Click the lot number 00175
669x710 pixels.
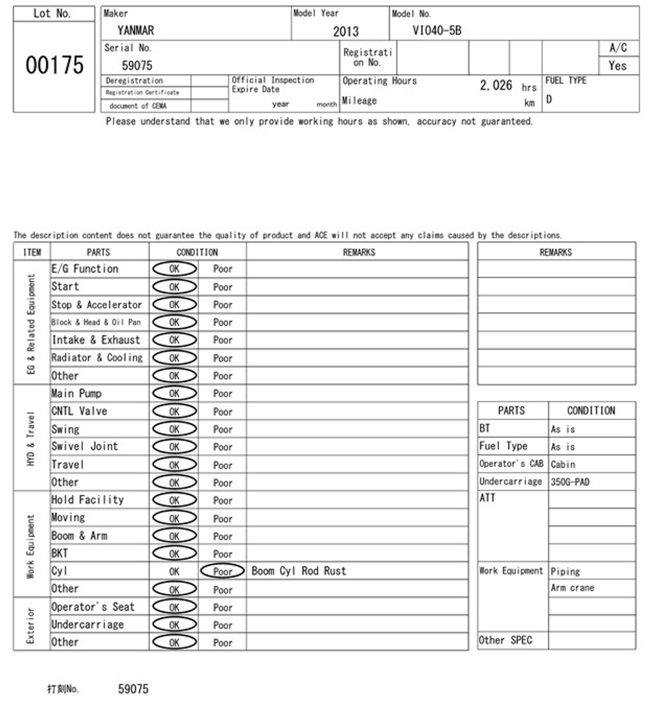(x=54, y=65)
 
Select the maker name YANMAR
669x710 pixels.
(x=136, y=30)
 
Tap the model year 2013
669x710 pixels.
(x=346, y=31)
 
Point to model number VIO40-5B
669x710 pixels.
(x=437, y=30)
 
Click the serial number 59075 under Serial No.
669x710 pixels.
(x=137, y=65)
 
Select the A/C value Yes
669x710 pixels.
(x=617, y=66)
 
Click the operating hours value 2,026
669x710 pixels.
(x=496, y=85)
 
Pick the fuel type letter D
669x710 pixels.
(x=549, y=99)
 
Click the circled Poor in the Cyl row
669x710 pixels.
(x=223, y=571)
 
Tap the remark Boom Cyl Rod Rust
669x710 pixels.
(x=298, y=571)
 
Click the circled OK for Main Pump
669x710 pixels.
(x=174, y=393)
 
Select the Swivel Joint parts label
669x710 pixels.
(x=85, y=446)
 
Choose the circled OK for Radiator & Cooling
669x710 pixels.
(x=174, y=358)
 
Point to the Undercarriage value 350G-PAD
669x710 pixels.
(x=570, y=482)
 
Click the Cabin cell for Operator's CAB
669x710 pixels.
(x=563, y=464)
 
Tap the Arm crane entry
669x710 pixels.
(x=572, y=588)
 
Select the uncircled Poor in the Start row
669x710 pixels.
(x=223, y=287)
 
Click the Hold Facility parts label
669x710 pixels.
(x=87, y=500)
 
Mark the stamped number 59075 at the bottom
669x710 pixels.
(x=133, y=689)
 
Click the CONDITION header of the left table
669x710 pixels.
(x=197, y=252)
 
